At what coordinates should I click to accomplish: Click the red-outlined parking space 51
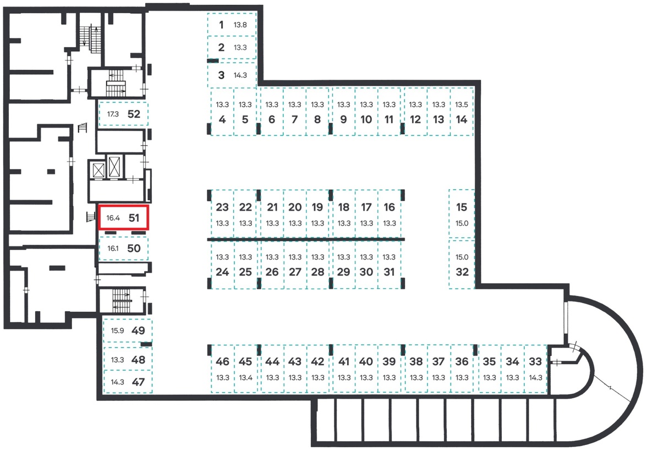(x=123, y=217)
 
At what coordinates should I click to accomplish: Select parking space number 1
(x=232, y=24)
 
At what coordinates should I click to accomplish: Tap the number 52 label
(x=134, y=114)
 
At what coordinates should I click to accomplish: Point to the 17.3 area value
(x=113, y=114)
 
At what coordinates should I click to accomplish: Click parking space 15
(x=461, y=214)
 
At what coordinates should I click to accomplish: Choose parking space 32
(x=462, y=264)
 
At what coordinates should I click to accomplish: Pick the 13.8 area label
(x=240, y=25)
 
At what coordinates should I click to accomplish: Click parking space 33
(x=535, y=369)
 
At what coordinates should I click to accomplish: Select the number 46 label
(x=222, y=361)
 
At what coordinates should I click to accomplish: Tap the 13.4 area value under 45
(x=245, y=377)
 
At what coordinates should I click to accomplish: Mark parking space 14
(x=461, y=112)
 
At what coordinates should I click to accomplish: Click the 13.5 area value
(x=461, y=105)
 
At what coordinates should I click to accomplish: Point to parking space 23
(x=222, y=214)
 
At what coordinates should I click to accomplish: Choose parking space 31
(x=389, y=264)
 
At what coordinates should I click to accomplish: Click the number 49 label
(x=138, y=331)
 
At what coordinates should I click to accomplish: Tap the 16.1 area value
(x=113, y=249)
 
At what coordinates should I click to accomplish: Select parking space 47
(x=128, y=382)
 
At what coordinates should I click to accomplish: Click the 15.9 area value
(x=117, y=331)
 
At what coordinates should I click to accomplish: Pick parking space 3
(x=232, y=75)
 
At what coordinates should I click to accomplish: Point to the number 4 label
(x=222, y=119)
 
